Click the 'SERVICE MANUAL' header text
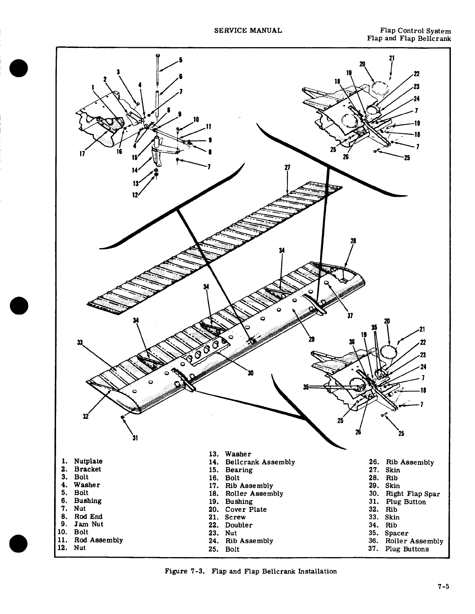[x=248, y=30]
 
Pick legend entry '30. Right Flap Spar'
[x=412, y=494]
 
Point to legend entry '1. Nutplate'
[x=88, y=461]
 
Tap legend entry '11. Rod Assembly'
[x=98, y=540]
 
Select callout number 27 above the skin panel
[x=287, y=168]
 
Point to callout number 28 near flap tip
[x=354, y=241]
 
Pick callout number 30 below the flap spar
[x=250, y=373]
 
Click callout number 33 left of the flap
[x=80, y=342]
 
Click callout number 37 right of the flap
[x=350, y=316]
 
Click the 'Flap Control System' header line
[x=415, y=31]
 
